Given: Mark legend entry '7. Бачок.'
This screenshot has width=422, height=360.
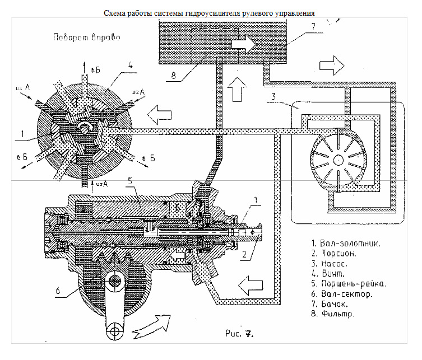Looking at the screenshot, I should coord(334,303).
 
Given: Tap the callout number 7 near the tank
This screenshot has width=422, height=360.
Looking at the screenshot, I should coord(313,26).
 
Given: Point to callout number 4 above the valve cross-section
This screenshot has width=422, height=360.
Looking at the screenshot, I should coord(129,64).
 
